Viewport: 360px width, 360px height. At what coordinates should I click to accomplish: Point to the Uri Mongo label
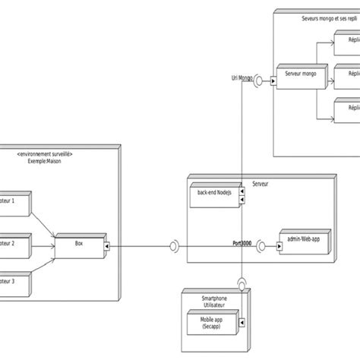(x=241, y=78)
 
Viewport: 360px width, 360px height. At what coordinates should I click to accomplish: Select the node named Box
(x=79, y=245)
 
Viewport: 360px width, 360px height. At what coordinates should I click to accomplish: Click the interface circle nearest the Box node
(x=173, y=245)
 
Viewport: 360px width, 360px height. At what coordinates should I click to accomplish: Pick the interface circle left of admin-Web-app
(x=263, y=245)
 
